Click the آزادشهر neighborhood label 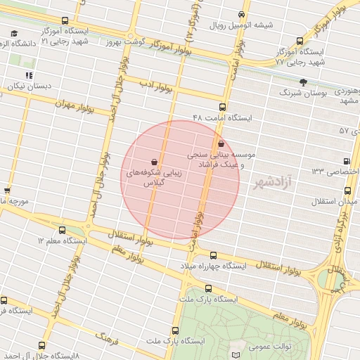tap(275, 182)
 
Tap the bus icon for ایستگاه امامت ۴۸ tap(222, 107)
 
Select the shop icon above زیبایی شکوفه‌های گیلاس tap(154, 161)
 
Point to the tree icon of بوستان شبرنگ tap(303, 82)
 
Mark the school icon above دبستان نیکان tap(29, 75)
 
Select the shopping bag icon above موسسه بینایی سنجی tap(221, 143)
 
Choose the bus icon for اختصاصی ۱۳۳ tap(346, 161)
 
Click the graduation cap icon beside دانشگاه tap(14, 33)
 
